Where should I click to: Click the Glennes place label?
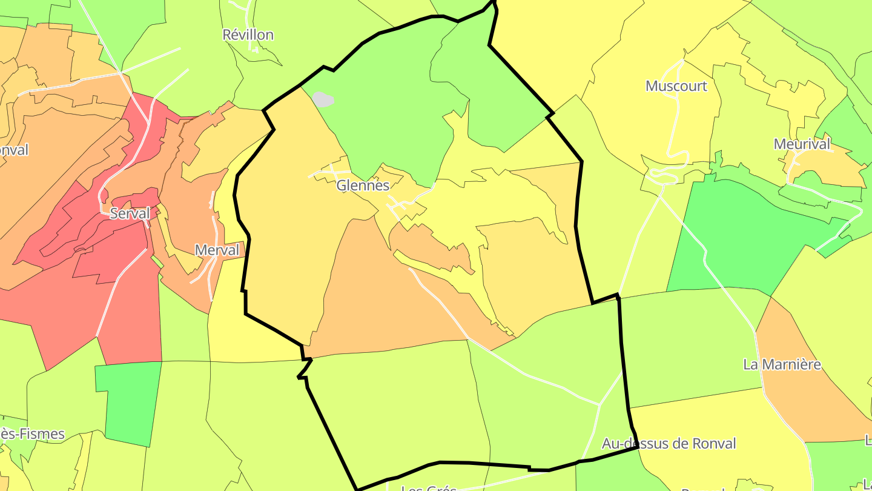tap(363, 185)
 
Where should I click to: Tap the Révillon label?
tap(248, 35)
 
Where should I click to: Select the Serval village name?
tap(130, 213)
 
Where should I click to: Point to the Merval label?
tap(217, 250)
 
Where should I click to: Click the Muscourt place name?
tap(676, 86)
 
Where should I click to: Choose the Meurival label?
tap(802, 144)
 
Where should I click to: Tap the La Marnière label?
tap(782, 364)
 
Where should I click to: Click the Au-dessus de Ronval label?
tap(669, 443)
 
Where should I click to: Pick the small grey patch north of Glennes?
tap(323, 99)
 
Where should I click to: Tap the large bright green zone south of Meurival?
tap(745, 236)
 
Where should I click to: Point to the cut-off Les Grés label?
tap(429, 487)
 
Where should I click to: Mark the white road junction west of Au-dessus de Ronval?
tap(599, 404)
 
